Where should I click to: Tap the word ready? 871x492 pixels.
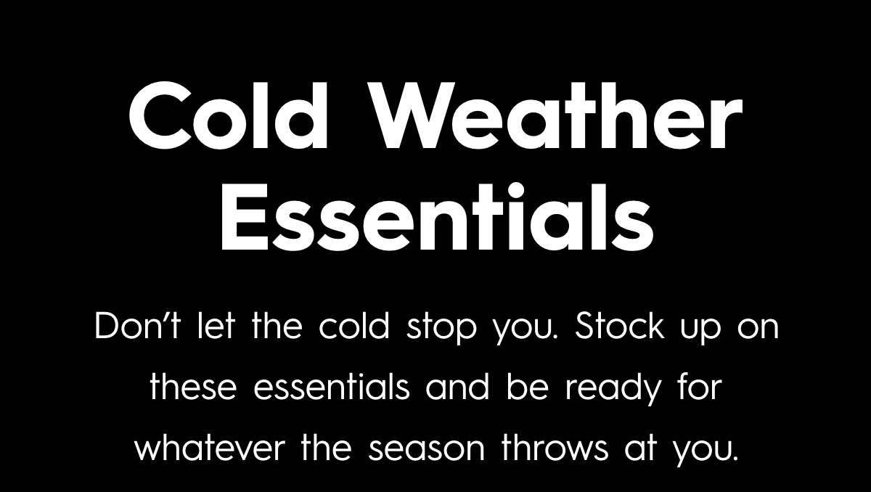point(616,388)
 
